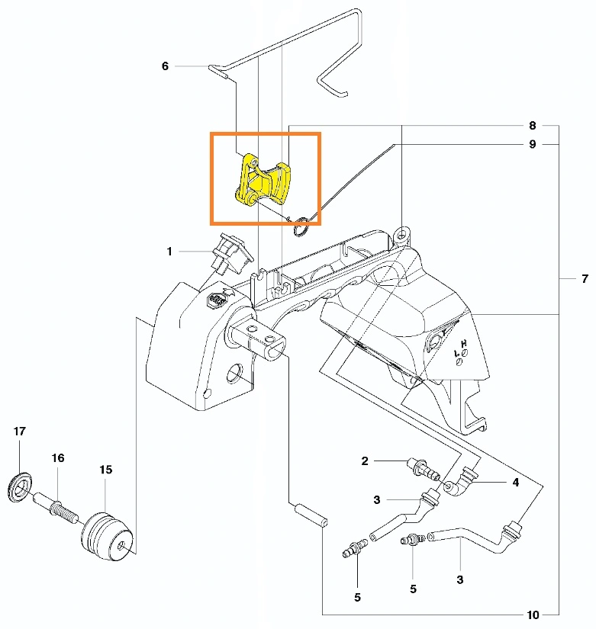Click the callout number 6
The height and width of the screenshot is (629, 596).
165,66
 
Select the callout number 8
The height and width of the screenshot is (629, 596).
532,126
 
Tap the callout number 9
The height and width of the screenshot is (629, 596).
532,144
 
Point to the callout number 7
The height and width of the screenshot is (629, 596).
585,278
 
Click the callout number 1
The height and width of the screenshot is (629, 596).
169,252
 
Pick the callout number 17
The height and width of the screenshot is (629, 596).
20,432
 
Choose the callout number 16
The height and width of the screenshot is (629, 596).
58,457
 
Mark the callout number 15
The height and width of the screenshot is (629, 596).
106,470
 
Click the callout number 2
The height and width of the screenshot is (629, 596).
365,461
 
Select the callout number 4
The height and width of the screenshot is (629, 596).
516,482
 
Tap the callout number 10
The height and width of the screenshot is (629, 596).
533,615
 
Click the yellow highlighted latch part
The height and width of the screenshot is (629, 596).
263,180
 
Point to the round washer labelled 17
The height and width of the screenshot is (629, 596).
20,488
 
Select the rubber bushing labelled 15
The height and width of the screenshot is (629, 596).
107,535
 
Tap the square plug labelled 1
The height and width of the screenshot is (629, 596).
232,255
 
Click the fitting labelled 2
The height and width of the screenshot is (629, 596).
424,469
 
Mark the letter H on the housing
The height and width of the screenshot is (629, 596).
464,344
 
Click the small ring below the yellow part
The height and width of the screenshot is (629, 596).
301,226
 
